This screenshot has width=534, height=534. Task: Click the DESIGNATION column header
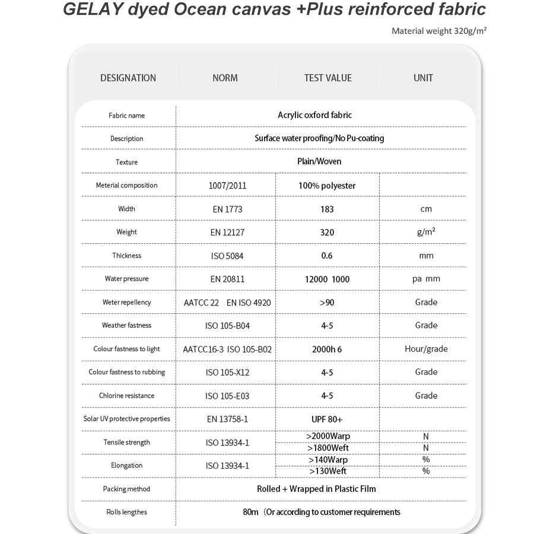(128, 78)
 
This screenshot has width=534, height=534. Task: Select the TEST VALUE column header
(328, 78)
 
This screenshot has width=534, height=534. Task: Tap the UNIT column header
(423, 78)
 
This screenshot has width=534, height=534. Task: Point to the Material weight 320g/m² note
(439, 31)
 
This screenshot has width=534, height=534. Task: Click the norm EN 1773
(225, 209)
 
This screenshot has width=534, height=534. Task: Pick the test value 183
(327, 209)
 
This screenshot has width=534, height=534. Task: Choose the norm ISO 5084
(225, 256)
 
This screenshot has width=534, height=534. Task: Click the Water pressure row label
(126, 279)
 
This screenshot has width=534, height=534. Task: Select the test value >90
(327, 303)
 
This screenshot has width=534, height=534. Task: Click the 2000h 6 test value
(327, 349)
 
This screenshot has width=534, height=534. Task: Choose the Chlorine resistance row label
(126, 396)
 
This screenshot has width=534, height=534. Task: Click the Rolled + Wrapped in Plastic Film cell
(316, 489)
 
